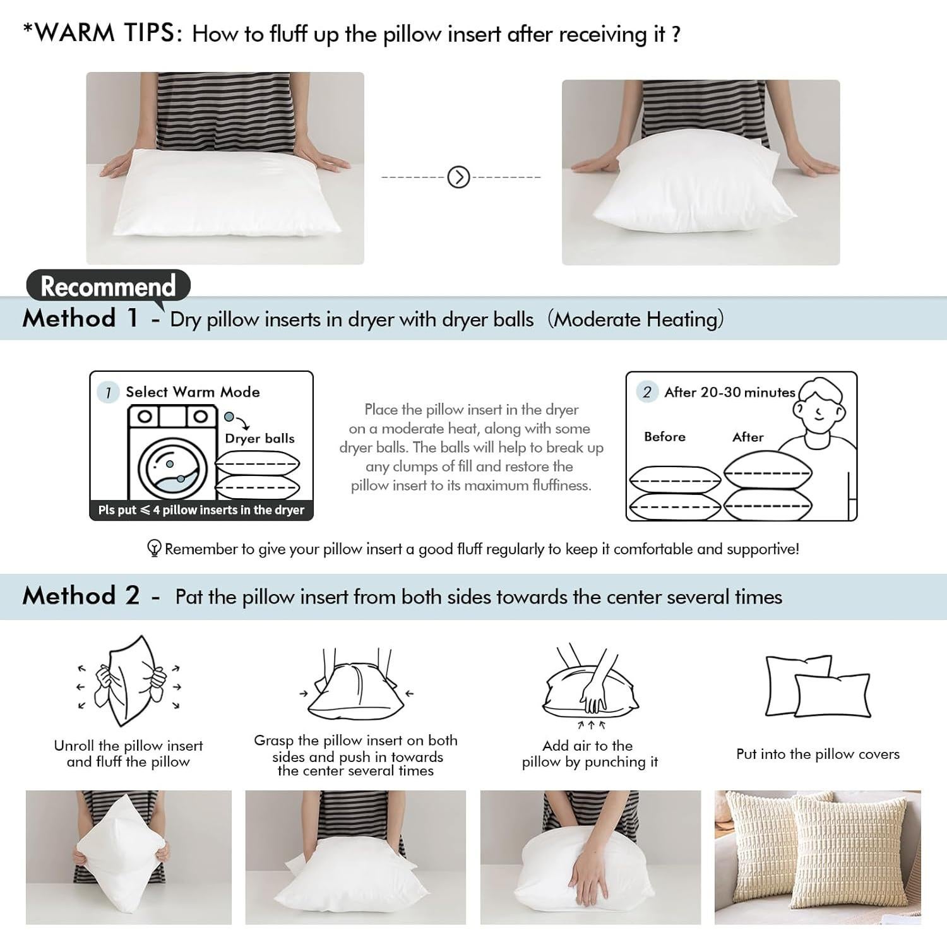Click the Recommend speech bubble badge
coord(108,286)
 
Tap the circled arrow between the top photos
coord(458,177)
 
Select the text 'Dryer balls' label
coord(259,438)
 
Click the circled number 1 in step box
coord(109,392)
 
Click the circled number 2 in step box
coord(646,392)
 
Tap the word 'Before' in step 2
coord(665,437)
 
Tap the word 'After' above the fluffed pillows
coord(748,437)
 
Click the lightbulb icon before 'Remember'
coord(154,548)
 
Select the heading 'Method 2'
coord(81,596)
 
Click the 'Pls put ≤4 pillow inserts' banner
coord(201,509)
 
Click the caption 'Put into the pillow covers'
coord(818,754)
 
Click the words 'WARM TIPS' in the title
coord(107,33)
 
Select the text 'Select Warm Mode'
coord(193,392)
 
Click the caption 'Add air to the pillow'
coord(589,754)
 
